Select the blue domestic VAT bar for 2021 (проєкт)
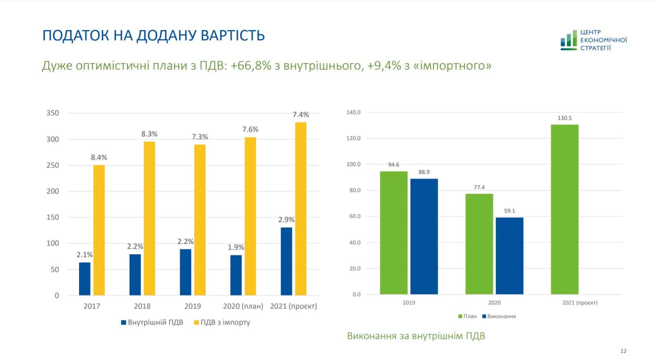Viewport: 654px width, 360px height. [286, 261]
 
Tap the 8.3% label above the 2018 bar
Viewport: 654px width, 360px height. [149, 134]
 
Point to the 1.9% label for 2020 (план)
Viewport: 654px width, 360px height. [236, 247]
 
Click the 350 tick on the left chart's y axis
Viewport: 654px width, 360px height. [53, 113]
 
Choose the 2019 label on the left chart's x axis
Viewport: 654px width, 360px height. [193, 306]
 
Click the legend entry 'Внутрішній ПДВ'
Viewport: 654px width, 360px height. [152, 322]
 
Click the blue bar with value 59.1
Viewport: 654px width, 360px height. [509, 256]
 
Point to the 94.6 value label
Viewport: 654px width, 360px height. [394, 165]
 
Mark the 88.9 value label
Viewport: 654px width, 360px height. [424, 172]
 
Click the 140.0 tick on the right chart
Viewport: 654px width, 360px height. [353, 112]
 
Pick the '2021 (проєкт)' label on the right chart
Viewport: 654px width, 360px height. [579, 303]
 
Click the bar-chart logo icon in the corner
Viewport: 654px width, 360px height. [568, 40]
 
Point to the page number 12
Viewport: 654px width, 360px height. [623, 351]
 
